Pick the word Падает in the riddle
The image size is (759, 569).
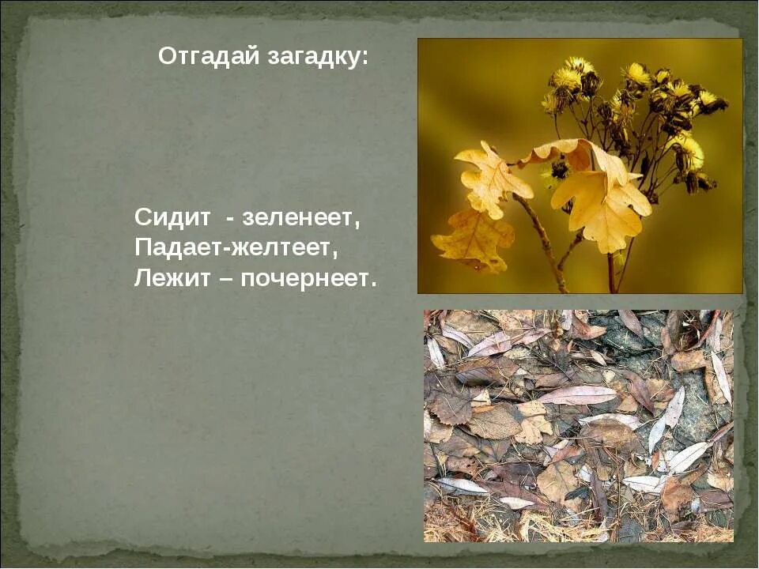pyautogui.click(x=178, y=248)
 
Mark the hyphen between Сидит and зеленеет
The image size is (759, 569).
pyautogui.click(x=229, y=219)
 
